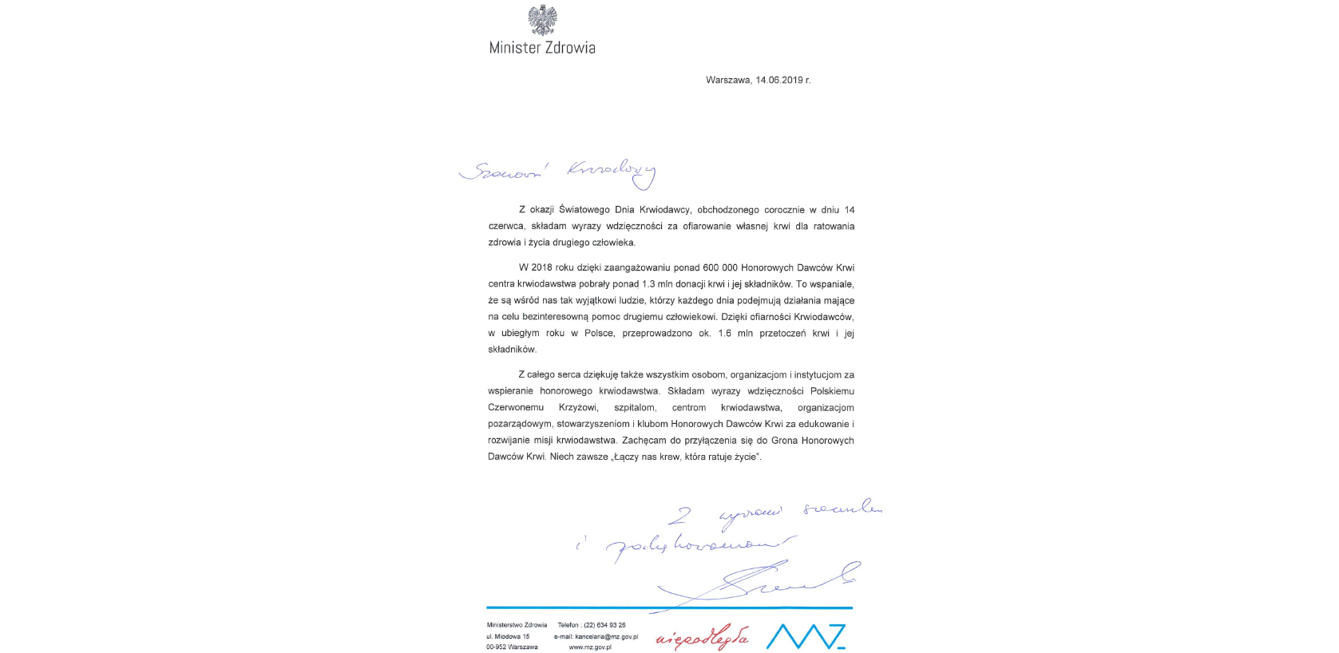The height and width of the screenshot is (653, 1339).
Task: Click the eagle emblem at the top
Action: pos(542,20)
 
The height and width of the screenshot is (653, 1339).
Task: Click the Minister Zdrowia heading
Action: pos(542,48)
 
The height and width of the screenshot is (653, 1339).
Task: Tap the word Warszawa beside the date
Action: pos(727,81)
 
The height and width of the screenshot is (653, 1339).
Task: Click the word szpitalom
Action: pos(635,408)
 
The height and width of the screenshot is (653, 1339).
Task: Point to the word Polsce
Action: pos(599,334)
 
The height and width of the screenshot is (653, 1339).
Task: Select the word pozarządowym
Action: pos(520,425)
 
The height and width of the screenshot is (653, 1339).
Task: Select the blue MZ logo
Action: pos(805,636)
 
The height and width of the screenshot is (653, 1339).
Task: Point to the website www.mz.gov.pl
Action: pos(590,647)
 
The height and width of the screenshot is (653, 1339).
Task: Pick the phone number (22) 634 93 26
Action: pos(604,626)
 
